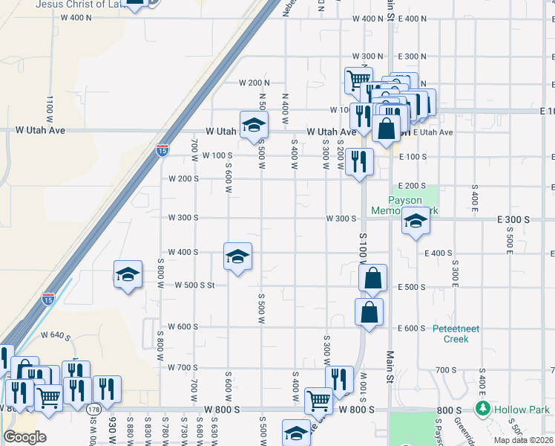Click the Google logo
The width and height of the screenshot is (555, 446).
[25, 437]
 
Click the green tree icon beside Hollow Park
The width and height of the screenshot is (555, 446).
[483, 409]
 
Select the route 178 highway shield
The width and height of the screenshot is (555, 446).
[93, 410]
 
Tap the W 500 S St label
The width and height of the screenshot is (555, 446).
[194, 285]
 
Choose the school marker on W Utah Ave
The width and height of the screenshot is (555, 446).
[253, 124]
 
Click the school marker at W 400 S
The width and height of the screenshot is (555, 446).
[237, 257]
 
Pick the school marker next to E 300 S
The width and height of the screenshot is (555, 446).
[416, 222]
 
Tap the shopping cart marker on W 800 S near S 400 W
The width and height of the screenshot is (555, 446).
[318, 400]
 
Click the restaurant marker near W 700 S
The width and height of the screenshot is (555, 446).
[339, 379]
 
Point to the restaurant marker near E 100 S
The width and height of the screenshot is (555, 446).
[360, 161]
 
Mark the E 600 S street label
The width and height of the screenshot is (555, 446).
[411, 328]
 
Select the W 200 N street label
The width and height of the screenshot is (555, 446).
[253, 83]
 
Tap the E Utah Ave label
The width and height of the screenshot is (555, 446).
[433, 132]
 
